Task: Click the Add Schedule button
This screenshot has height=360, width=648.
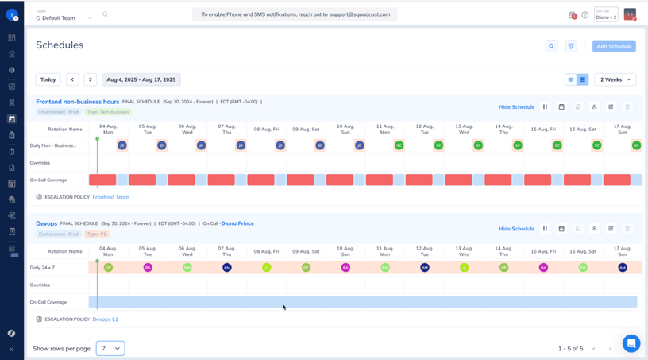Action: point(614,46)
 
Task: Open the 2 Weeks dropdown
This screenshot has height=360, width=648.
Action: point(615,79)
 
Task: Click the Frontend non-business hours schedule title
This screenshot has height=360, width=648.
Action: point(77,102)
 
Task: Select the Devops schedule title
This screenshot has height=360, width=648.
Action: point(46,223)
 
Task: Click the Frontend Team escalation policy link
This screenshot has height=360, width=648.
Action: point(111,197)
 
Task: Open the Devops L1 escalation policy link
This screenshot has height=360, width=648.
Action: point(106,319)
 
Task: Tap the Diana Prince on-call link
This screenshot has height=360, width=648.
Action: point(237,223)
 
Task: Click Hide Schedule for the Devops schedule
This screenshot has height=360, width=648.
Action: point(516,229)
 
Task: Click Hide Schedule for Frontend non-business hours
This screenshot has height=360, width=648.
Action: point(516,106)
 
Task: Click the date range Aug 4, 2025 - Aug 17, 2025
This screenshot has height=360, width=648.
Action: point(141,79)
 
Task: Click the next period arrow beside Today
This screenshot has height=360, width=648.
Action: point(91,79)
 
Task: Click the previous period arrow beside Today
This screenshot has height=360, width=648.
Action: point(72,79)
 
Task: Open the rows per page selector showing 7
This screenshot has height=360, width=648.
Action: point(110,348)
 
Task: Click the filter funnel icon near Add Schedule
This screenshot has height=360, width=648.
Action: point(571,46)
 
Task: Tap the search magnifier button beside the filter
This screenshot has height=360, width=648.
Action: point(551,46)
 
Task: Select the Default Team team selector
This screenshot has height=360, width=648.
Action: point(64,17)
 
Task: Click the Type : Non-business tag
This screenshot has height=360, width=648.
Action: point(108,112)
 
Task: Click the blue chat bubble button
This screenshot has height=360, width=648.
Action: point(631,343)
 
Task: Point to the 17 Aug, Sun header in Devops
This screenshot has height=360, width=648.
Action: point(623,251)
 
